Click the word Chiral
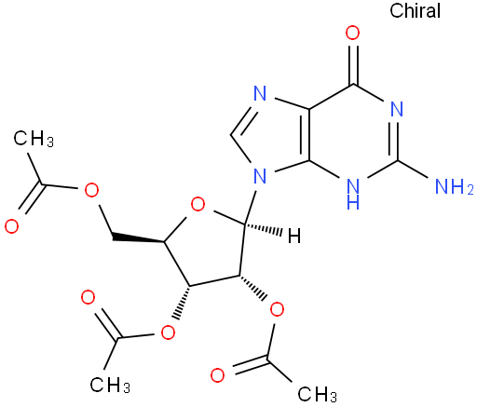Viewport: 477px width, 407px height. [415, 11]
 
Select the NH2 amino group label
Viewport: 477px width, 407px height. [455, 186]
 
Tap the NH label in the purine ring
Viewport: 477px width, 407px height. [353, 194]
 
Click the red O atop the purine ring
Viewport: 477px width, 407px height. [353, 34]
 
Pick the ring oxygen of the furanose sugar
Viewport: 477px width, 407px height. [198, 205]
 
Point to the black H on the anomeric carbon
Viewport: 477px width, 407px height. [294, 236]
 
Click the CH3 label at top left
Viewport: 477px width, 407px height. [34, 138]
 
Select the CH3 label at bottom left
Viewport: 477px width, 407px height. [110, 385]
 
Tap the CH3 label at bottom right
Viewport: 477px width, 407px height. [318, 394]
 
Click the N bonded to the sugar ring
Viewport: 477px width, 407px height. [260, 176]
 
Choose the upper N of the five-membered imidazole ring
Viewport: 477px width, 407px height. [260, 93]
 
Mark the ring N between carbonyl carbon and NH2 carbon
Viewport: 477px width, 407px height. [397, 109]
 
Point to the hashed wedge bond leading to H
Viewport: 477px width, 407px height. [263, 229]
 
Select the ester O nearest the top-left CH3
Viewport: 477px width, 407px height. [91, 190]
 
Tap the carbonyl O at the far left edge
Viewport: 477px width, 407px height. [12, 226]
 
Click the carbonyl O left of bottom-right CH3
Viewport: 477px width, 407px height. [217, 375]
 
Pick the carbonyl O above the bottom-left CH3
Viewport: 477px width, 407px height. [88, 297]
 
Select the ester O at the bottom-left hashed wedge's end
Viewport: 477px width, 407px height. [168, 332]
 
